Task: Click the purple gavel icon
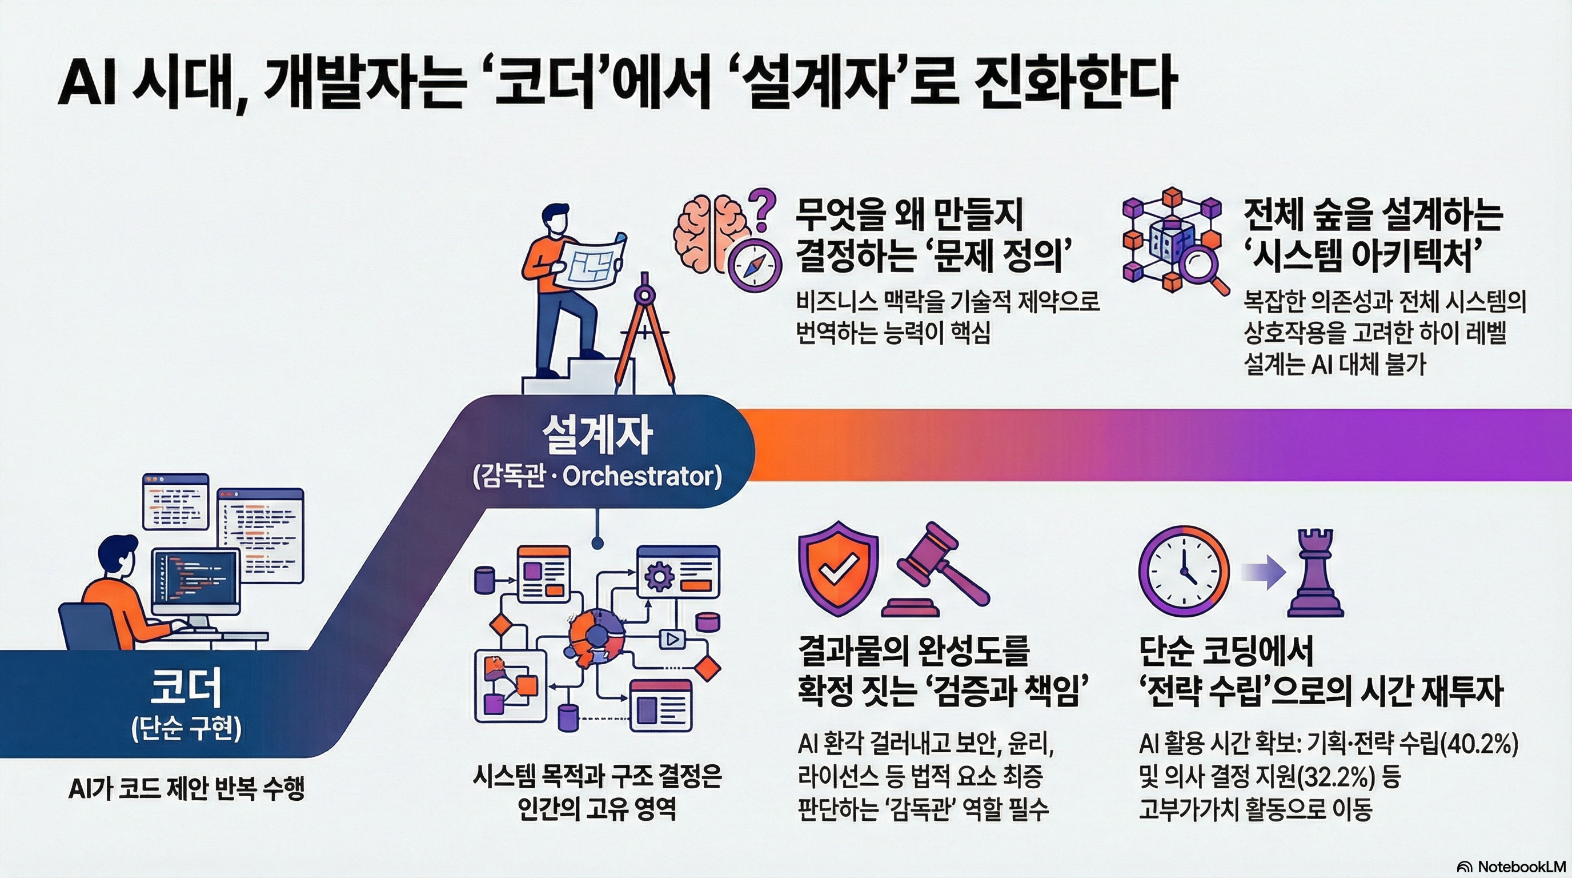point(937,574)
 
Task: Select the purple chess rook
point(1314,573)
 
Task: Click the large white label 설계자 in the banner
point(597,435)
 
